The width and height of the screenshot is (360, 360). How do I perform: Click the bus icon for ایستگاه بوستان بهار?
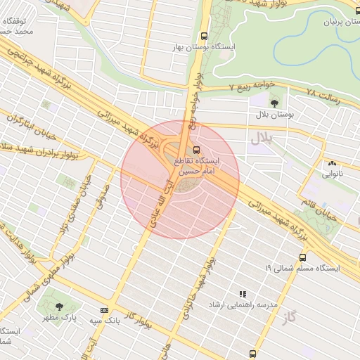coord(204,36)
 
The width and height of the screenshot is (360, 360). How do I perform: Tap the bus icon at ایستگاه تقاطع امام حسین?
coord(196,149)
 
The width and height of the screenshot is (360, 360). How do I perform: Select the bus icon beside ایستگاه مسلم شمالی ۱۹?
coord(302,257)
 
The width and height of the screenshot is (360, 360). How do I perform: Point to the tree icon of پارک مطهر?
coord(58,307)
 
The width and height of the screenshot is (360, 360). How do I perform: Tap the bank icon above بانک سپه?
coord(105,310)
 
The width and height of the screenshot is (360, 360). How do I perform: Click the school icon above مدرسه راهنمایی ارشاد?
coord(243,295)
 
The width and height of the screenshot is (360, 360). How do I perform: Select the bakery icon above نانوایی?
coord(331,163)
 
